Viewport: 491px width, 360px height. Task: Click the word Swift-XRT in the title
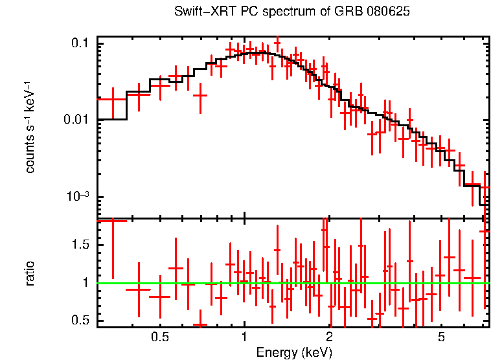[201, 12]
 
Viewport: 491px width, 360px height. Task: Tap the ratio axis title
[30, 274]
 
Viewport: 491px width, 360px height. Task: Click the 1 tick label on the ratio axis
[86, 283]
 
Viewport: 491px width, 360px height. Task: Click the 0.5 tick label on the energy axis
[160, 337]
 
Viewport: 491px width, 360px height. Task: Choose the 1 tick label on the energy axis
[245, 337]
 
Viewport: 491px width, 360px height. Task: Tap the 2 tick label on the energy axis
[329, 337]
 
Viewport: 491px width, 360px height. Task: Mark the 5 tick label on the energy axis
[441, 337]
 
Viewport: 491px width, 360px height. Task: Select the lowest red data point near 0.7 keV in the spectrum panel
[200, 95]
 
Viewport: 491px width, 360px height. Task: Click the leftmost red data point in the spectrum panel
[113, 99]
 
